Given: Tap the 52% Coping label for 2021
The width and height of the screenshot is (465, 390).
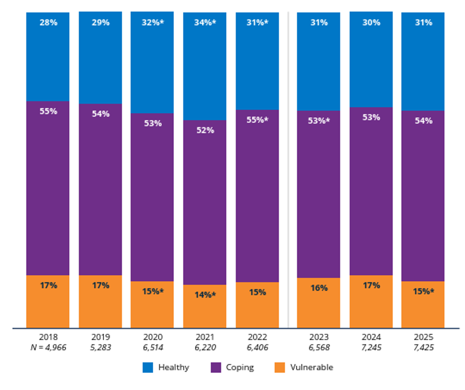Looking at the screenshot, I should coord(205,130).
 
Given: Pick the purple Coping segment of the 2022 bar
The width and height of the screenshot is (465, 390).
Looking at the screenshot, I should coord(257,200).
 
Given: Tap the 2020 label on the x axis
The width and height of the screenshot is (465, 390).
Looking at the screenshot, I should coord(153,335).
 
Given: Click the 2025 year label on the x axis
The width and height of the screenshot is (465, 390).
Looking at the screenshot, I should coord(423,335).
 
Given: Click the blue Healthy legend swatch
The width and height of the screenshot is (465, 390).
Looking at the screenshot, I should coord(148,368).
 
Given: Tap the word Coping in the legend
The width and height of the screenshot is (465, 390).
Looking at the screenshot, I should coord(239,368).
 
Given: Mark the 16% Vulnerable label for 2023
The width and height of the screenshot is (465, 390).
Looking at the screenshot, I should coord(319,288).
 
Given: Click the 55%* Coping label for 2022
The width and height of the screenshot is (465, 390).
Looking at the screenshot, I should coord(257,120).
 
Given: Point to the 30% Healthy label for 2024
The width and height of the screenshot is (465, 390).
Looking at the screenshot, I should coord(371,23).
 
